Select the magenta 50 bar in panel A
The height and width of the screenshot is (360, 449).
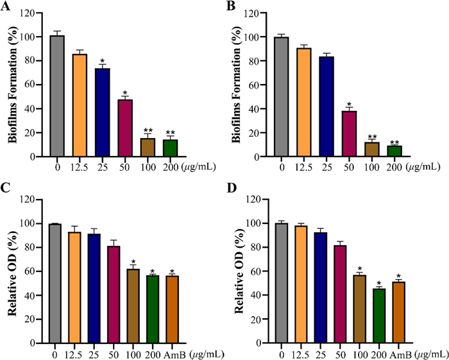coord(125,128)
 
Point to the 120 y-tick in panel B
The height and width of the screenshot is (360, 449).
coord(260,13)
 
